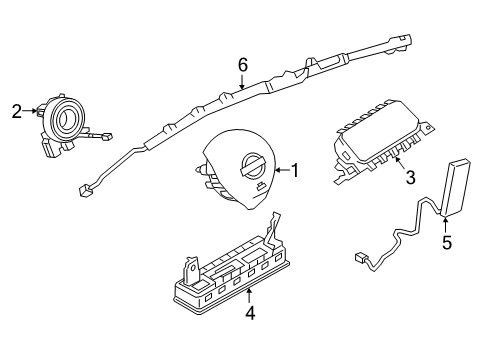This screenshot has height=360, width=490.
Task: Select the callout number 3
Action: [409, 179]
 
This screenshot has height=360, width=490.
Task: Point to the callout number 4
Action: [249, 312]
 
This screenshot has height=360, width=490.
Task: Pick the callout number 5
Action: [448, 241]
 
